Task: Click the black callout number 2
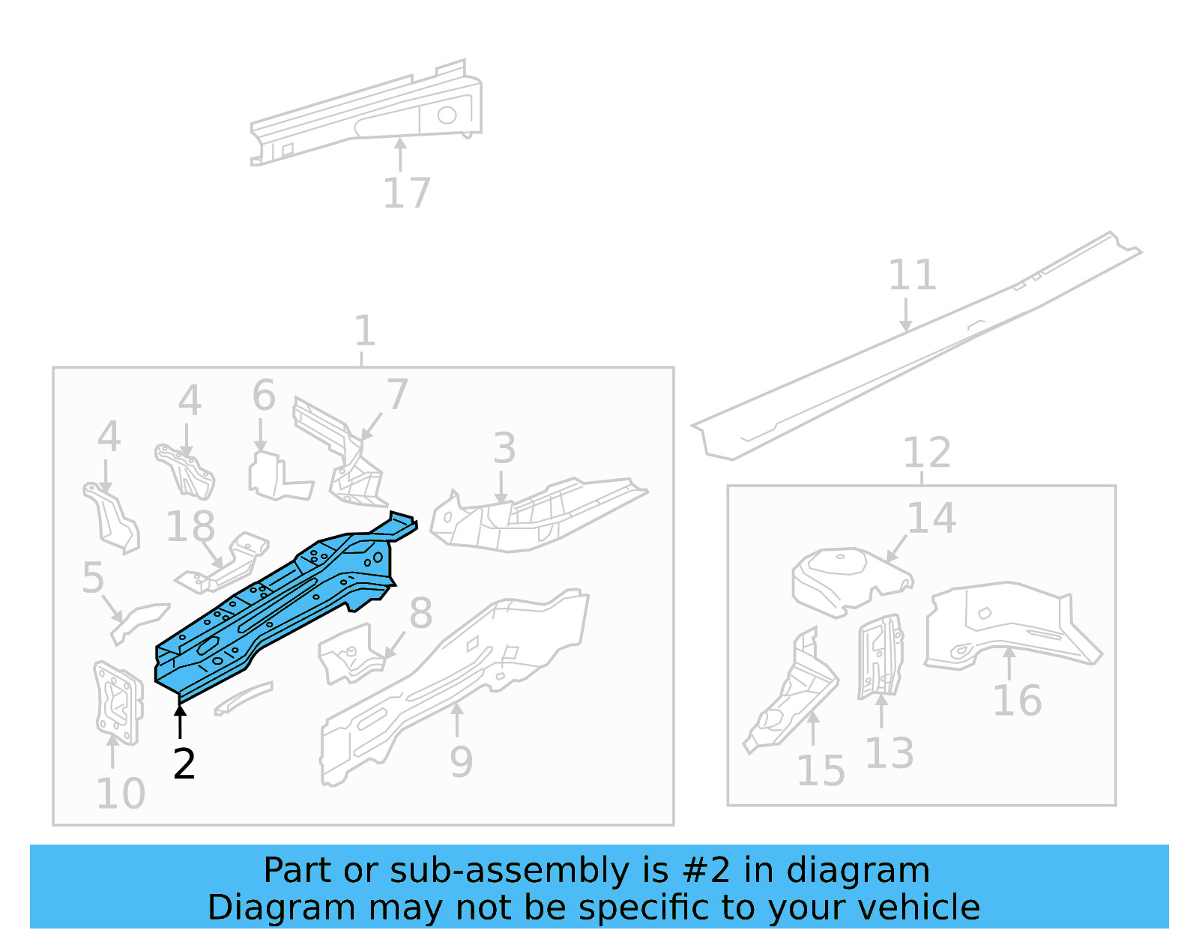point(184,764)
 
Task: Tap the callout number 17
point(406,193)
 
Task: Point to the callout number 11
point(912,275)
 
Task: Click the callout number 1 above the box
point(363,330)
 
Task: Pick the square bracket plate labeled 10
point(118,703)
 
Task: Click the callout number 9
point(461,762)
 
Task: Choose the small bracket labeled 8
point(348,654)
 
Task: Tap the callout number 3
point(504,448)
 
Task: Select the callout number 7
point(396,394)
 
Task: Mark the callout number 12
point(926,453)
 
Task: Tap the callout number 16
point(1017,701)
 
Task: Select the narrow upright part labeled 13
point(880,656)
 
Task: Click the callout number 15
point(821,770)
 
